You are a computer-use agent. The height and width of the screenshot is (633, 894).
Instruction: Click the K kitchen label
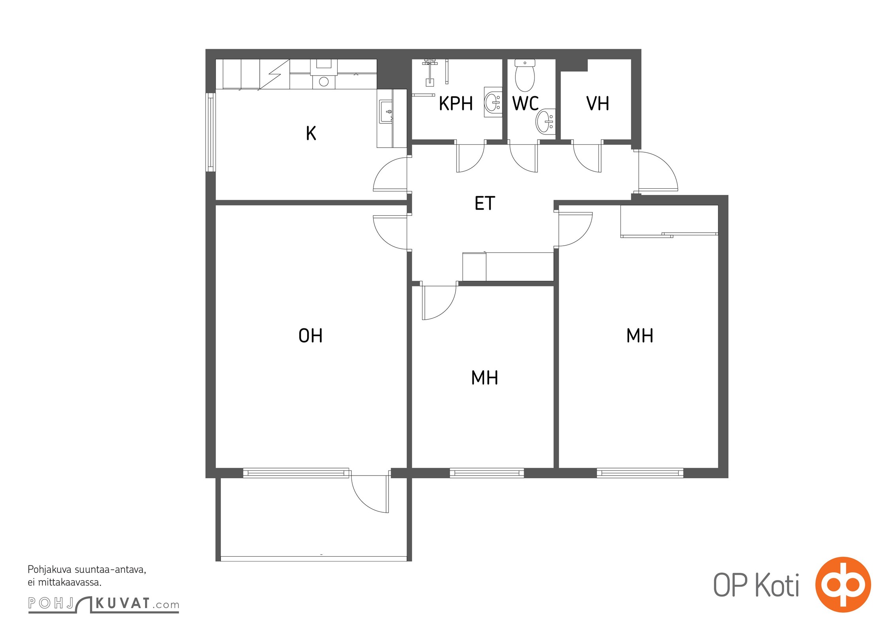(x=311, y=133)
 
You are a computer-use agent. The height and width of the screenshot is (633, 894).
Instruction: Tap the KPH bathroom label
(x=456, y=104)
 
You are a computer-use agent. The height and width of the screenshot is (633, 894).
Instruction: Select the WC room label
(x=525, y=104)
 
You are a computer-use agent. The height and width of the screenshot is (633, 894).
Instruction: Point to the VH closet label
(x=598, y=104)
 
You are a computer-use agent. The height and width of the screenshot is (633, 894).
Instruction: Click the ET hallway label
(x=485, y=203)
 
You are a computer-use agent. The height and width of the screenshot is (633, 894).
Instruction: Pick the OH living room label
(x=311, y=336)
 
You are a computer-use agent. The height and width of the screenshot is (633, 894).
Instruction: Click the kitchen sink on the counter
(x=386, y=112)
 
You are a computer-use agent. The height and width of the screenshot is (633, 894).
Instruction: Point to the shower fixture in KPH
(x=429, y=72)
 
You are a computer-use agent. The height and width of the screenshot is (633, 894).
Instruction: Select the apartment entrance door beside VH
(x=658, y=171)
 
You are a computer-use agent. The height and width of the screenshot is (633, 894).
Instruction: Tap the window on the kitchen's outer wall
(x=211, y=132)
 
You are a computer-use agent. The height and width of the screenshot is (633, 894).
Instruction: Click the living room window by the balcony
(x=296, y=473)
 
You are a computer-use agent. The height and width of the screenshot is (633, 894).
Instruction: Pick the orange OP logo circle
(x=843, y=584)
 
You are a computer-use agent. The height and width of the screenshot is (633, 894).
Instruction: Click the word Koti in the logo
(x=777, y=585)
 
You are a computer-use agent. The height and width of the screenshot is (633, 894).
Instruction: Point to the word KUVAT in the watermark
(x=123, y=603)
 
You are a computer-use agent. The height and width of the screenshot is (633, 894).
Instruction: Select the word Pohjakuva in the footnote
(x=49, y=570)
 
